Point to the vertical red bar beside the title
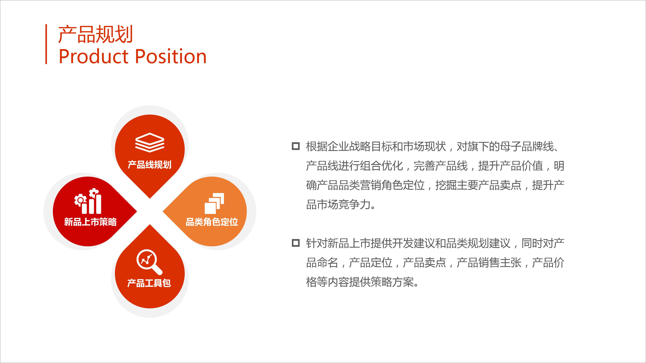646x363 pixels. coord(46,44)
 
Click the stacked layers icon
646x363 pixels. coord(150,143)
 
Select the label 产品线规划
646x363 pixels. coord(150,165)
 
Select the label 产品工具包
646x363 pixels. coord(149,283)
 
